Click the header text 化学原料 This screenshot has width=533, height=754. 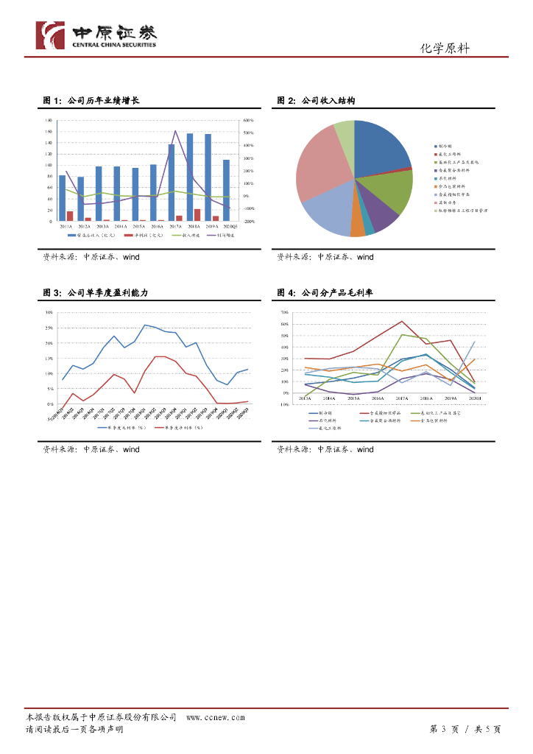tap(445, 49)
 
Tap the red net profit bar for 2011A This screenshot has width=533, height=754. tap(70, 216)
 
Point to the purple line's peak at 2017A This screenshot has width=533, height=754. tap(175, 131)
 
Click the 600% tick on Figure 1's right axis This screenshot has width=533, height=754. tap(248, 120)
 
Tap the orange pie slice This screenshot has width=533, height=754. tap(358, 228)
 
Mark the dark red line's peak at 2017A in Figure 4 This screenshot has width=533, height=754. tap(402, 321)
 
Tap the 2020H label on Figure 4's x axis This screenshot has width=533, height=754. tap(474, 398)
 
